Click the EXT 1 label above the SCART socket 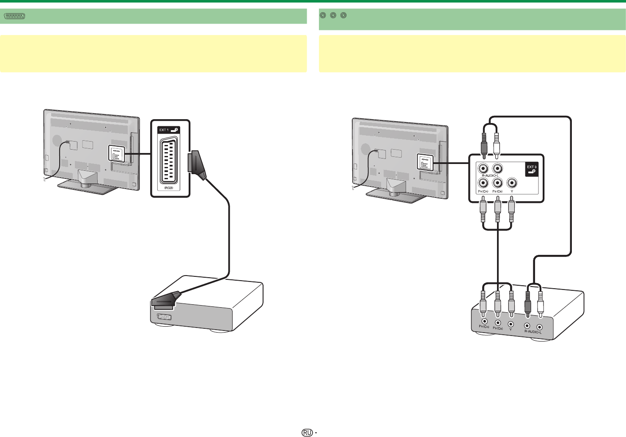coord(163,130)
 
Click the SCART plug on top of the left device coord(167,298)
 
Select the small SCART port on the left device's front coord(164,317)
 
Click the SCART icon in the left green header coord(15,16)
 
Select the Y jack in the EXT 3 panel coord(512,183)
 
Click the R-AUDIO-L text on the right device coord(533,332)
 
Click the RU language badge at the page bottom coord(308,432)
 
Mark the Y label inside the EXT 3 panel coord(512,191)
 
